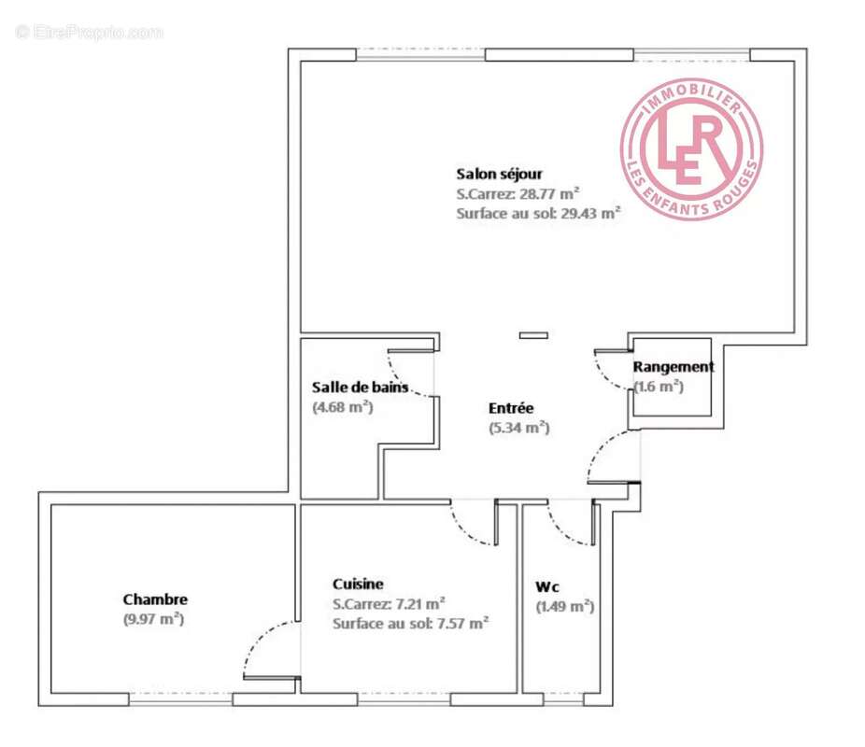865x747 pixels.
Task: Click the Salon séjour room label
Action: pyautogui.click(x=499, y=174)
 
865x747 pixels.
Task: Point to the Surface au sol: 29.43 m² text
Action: pyautogui.click(x=539, y=213)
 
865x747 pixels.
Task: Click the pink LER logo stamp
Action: pyautogui.click(x=691, y=148)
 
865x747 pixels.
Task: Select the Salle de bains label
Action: pyautogui.click(x=360, y=387)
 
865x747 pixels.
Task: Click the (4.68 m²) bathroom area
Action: pyautogui.click(x=342, y=406)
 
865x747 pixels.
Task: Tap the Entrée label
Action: pyautogui.click(x=511, y=408)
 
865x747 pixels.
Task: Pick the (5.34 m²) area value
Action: pyautogui.click(x=518, y=428)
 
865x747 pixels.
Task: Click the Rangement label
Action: pyautogui.click(x=674, y=367)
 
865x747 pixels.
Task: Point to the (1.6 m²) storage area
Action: pyautogui.click(x=659, y=386)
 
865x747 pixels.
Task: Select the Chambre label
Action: pyautogui.click(x=155, y=599)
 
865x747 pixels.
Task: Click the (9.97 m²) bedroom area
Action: pyautogui.click(x=153, y=618)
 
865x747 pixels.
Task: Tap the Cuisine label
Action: pyautogui.click(x=358, y=584)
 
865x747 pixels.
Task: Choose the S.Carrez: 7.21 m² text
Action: pyautogui.click(x=389, y=603)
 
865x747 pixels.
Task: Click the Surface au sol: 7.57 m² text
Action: pyautogui.click(x=411, y=623)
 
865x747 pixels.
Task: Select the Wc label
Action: pyautogui.click(x=547, y=587)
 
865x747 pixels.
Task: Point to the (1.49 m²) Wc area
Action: pyautogui.click(x=565, y=606)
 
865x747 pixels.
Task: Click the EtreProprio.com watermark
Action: pyautogui.click(x=90, y=32)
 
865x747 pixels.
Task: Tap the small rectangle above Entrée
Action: pyautogui.click(x=534, y=335)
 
